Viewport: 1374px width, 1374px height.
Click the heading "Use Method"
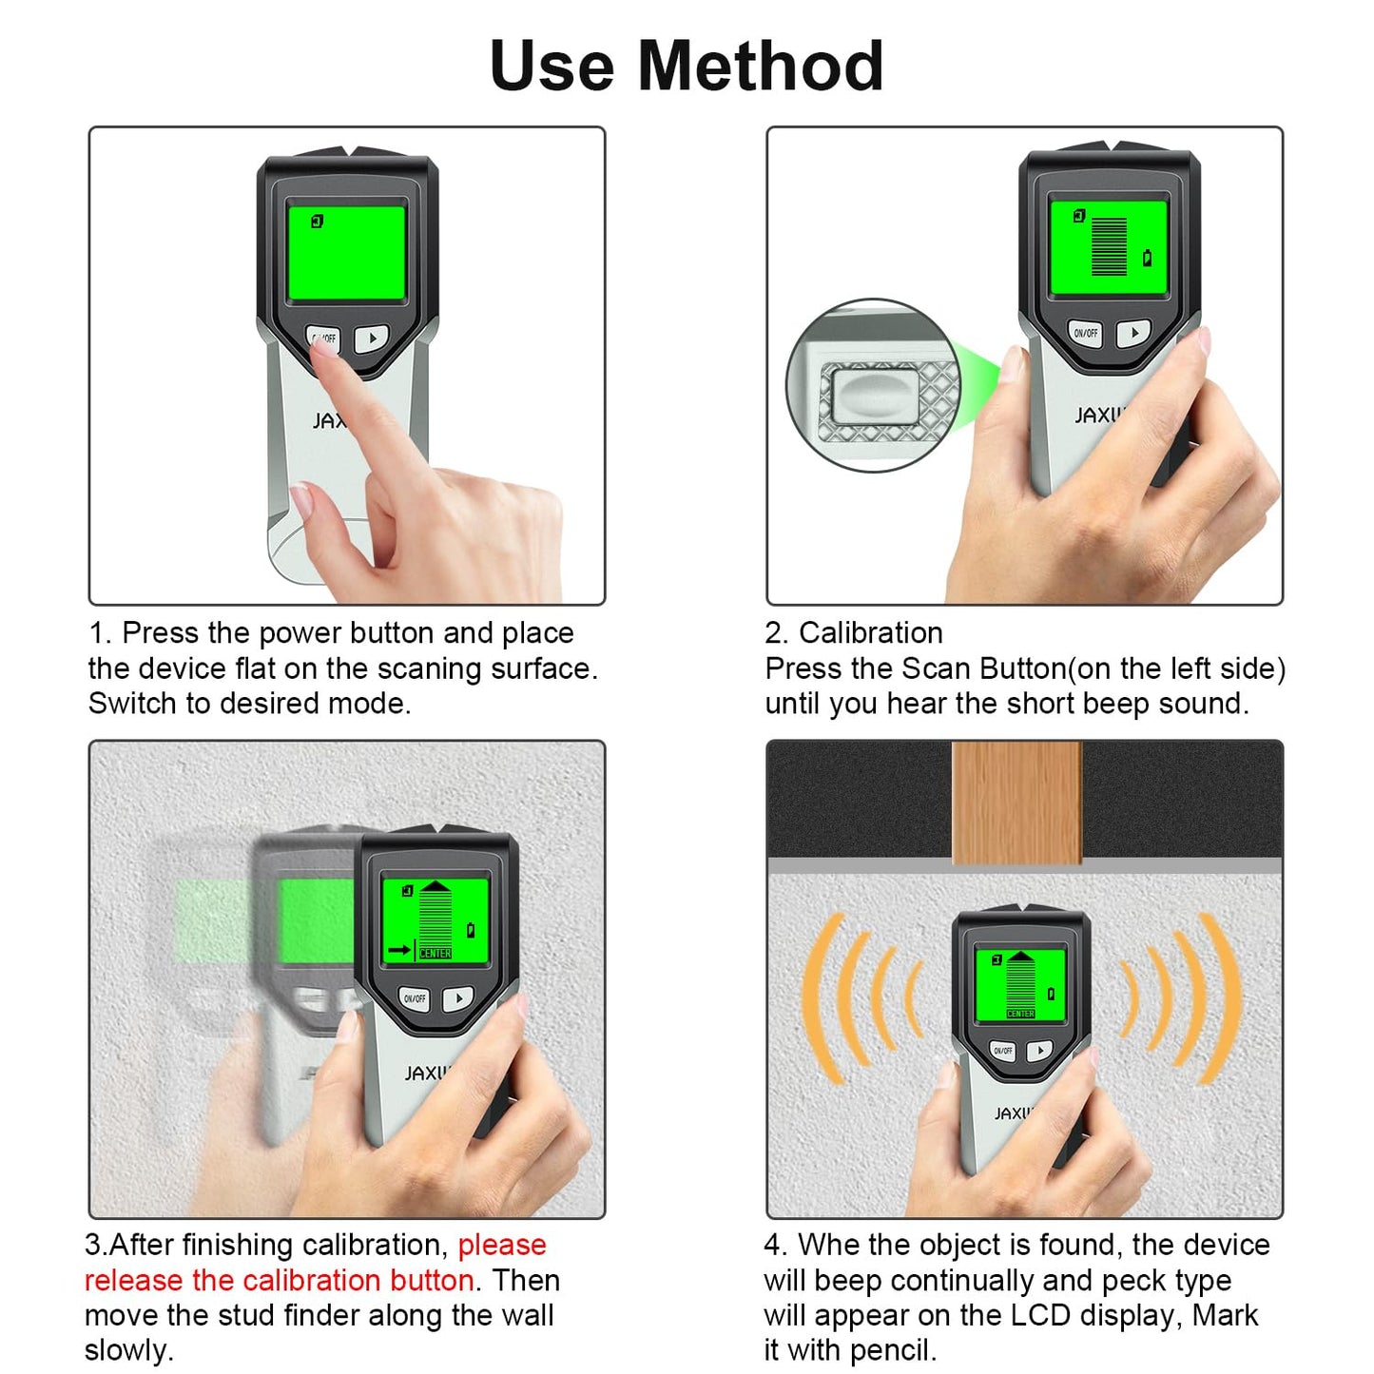[x=686, y=66]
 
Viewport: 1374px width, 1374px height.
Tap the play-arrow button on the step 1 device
[x=372, y=338]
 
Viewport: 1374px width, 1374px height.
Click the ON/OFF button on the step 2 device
[x=1085, y=333]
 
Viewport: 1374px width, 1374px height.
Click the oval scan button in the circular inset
[x=873, y=394]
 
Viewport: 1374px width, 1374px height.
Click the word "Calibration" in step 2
[x=870, y=633]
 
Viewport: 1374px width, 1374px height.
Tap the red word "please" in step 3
[x=502, y=1245]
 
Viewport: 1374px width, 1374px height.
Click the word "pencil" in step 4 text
[x=889, y=1350]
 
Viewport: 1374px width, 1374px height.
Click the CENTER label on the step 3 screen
[x=435, y=953]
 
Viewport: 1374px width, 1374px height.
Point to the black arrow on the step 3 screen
[x=399, y=949]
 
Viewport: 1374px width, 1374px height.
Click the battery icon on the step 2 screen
[x=1148, y=258]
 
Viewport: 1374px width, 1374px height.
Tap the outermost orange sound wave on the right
[x=1222, y=998]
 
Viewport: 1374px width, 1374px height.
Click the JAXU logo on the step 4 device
[x=1013, y=1113]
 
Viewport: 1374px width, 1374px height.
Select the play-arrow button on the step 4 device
[x=1039, y=1051]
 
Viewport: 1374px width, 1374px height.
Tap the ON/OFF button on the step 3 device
[x=415, y=998]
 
